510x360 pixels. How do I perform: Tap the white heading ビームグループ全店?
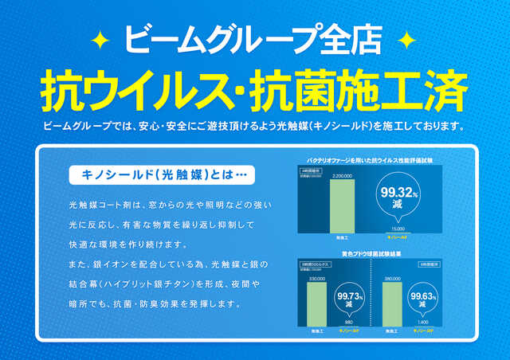coord(254,38)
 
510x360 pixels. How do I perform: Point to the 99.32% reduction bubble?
coord(398,195)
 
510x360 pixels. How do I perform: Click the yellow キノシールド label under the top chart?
coord(397,237)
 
